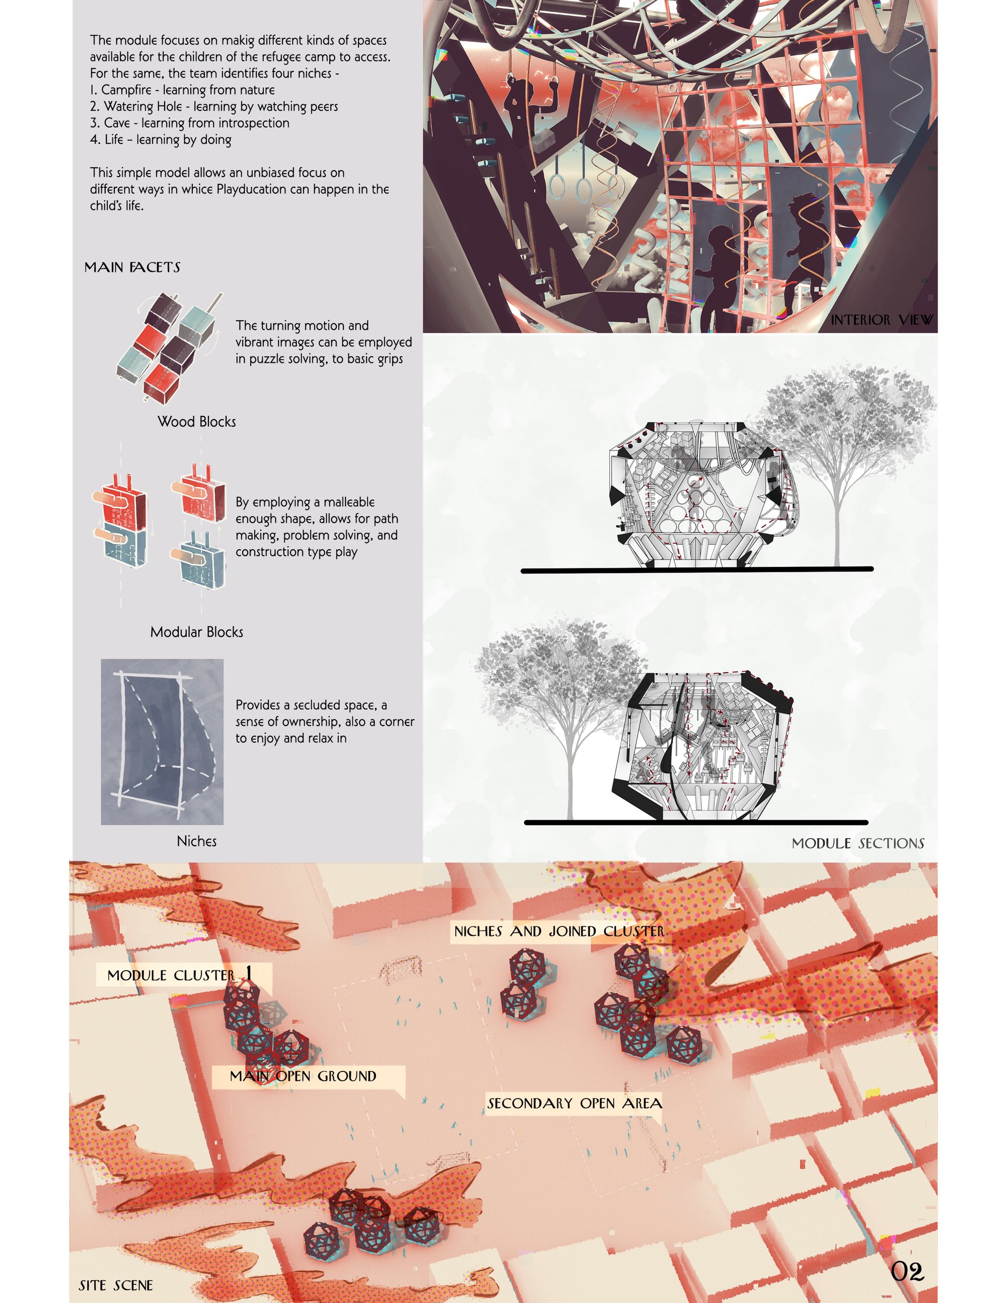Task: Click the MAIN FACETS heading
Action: pyautogui.click(x=132, y=267)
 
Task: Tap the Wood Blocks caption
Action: pyautogui.click(x=196, y=422)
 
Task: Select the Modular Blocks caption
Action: pyautogui.click(x=196, y=632)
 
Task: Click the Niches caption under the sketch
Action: pyautogui.click(x=196, y=841)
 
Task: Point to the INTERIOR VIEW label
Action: pyautogui.click(x=882, y=320)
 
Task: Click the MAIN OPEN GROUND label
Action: pyautogui.click(x=303, y=1076)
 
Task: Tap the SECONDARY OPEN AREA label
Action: pyautogui.click(x=574, y=1103)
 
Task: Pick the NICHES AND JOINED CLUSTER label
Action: pyautogui.click(x=559, y=931)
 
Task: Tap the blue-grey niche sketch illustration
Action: pyautogui.click(x=162, y=742)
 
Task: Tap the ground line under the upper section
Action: pyautogui.click(x=697, y=570)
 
